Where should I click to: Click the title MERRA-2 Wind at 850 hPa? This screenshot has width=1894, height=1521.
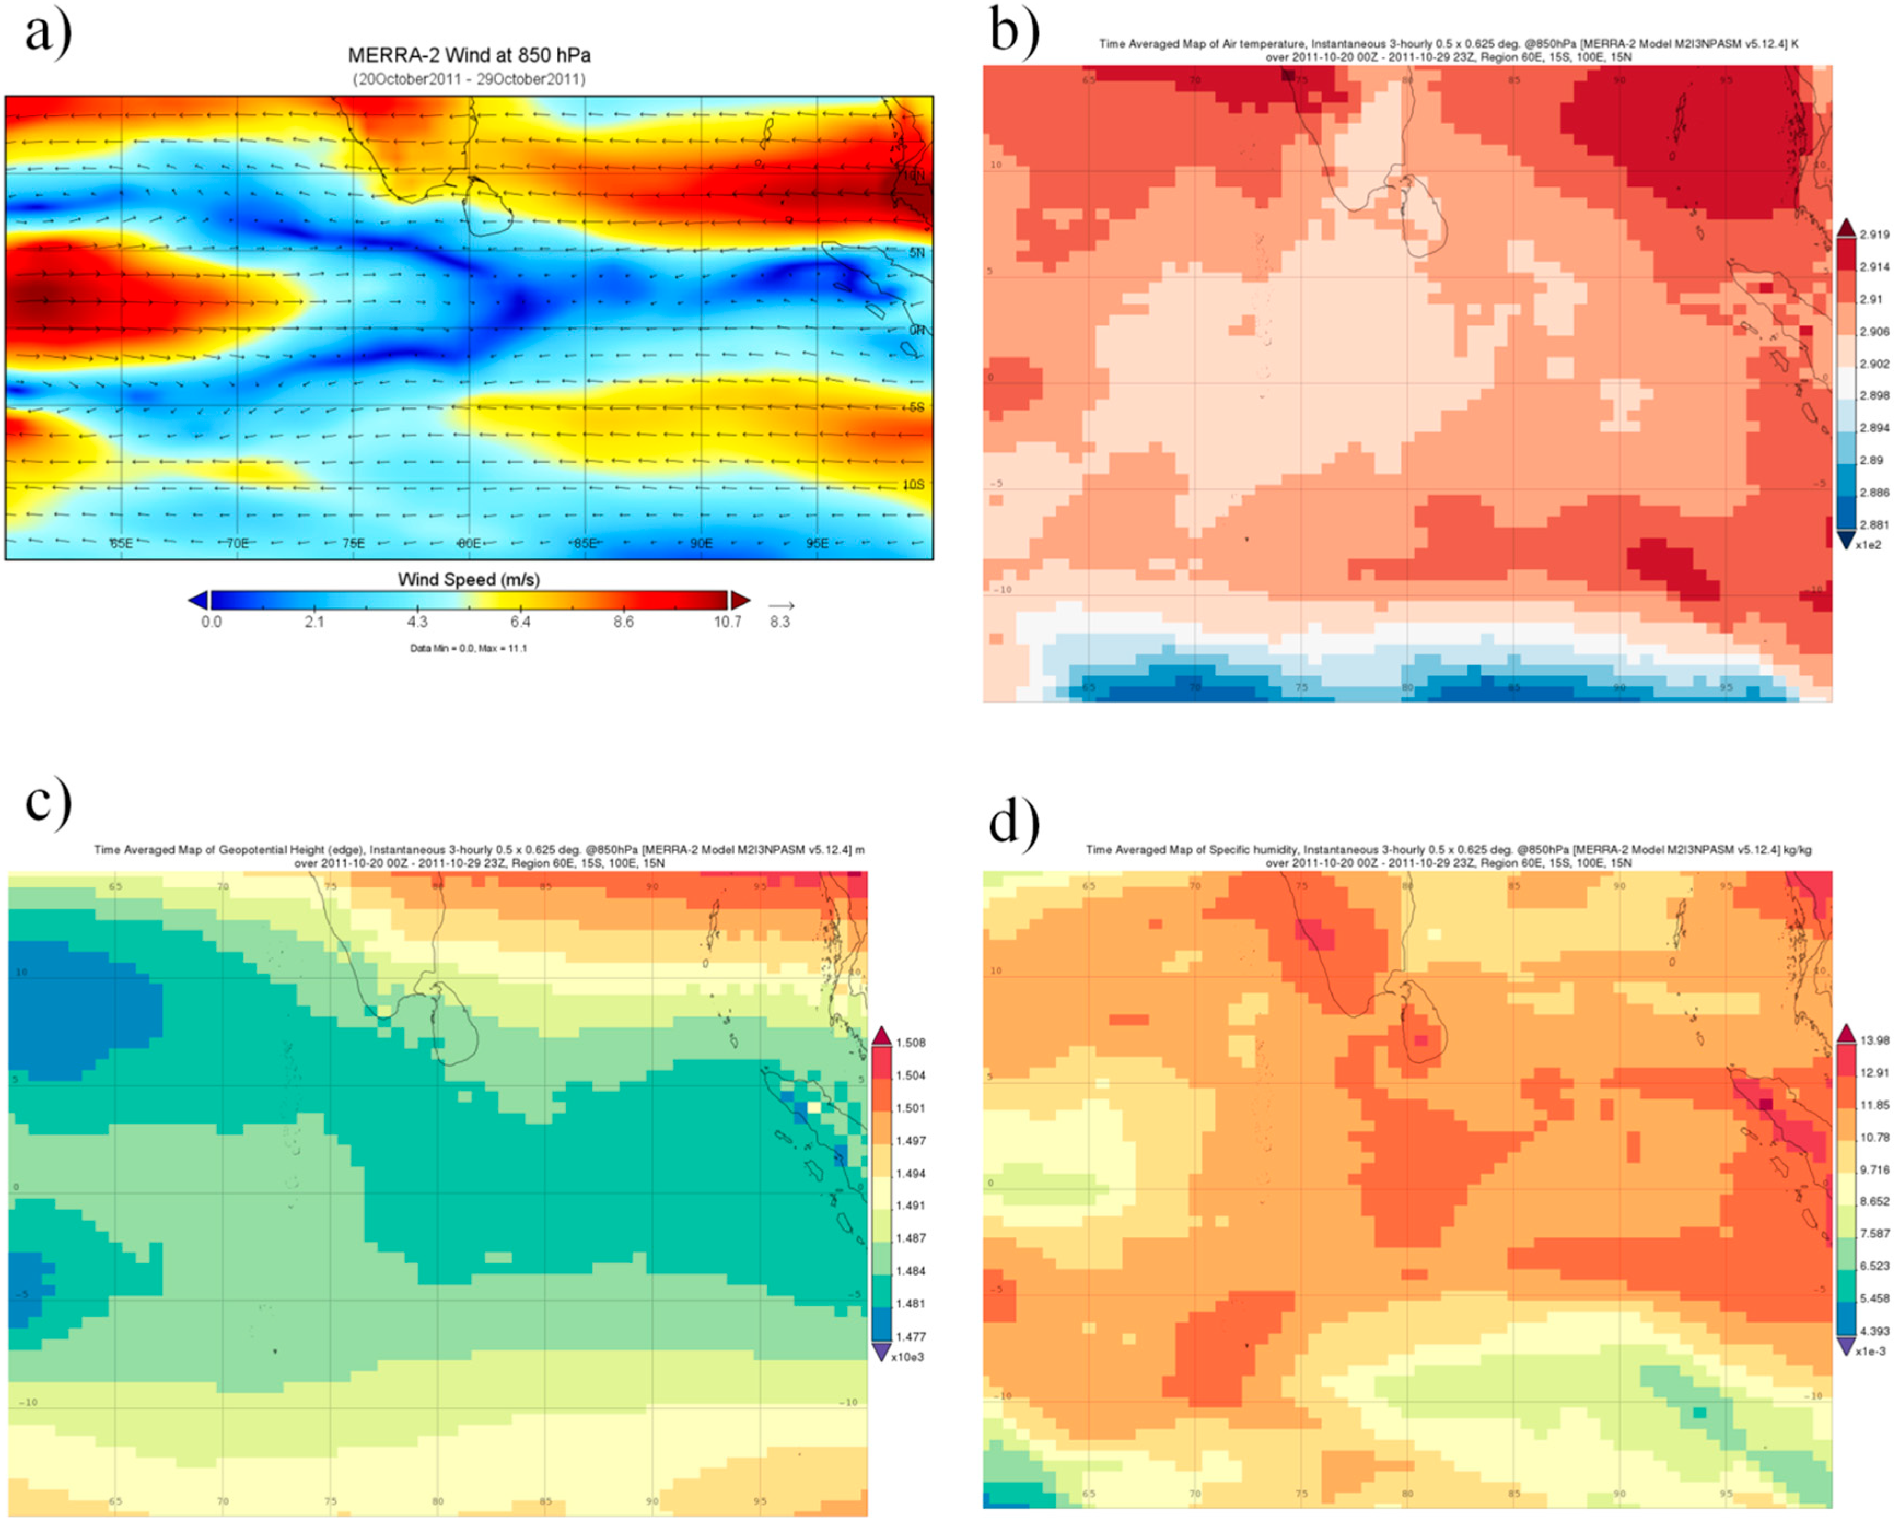(469, 55)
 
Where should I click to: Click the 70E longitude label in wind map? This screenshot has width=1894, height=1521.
(238, 543)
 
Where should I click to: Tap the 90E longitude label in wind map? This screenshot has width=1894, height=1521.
(701, 543)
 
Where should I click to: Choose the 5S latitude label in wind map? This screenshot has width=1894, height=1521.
(916, 407)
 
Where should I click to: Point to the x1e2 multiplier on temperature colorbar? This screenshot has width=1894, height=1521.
(1868, 545)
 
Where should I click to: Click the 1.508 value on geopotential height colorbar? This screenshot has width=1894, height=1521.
(911, 1043)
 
